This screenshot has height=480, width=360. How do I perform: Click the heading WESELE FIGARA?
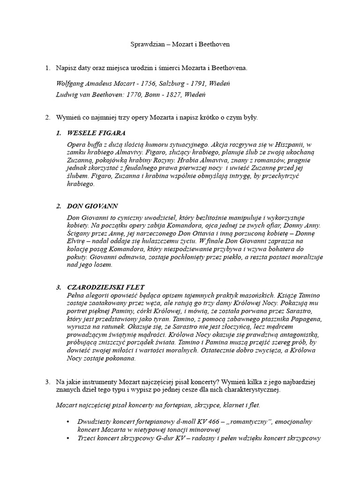[97, 133]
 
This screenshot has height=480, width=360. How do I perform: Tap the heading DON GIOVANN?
[92, 206]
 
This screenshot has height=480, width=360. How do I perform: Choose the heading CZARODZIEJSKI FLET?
[106, 287]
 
